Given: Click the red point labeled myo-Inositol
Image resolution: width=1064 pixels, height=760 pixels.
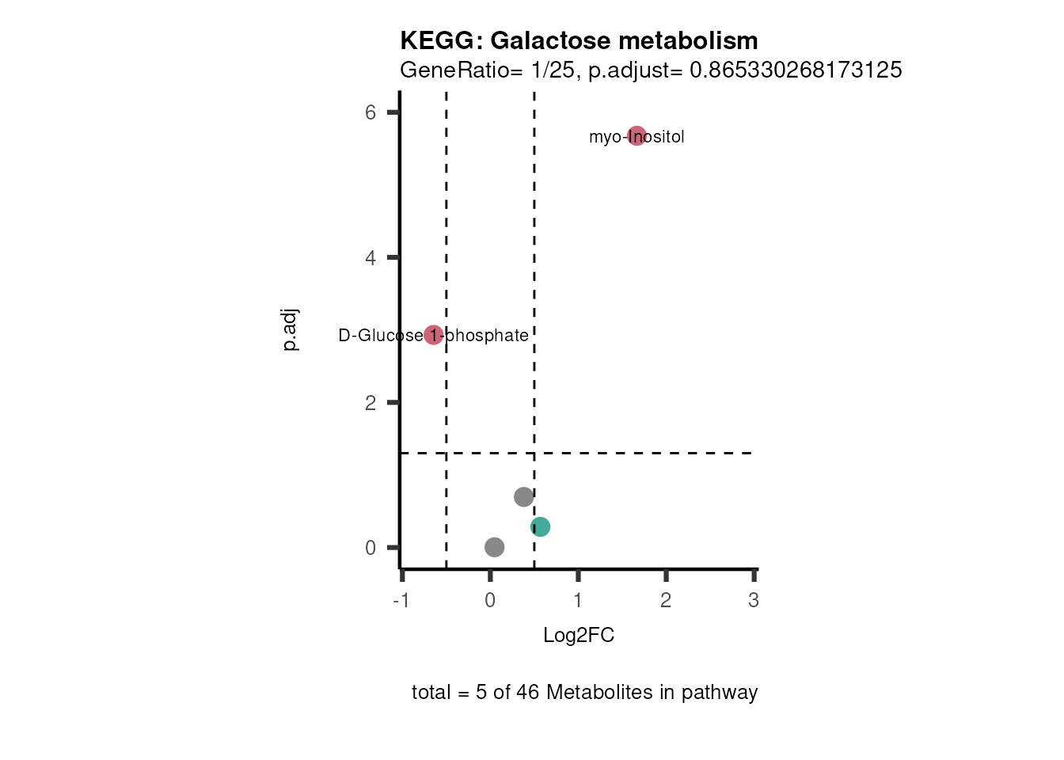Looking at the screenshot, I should click(x=637, y=136).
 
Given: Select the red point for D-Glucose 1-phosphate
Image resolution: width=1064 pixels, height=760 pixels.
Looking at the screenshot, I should click(x=433, y=335).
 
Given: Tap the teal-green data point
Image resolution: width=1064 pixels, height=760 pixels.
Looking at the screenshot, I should click(x=540, y=526).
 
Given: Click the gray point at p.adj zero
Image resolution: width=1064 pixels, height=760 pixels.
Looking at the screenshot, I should click(x=494, y=547).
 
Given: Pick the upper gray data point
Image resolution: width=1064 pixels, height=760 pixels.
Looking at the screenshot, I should click(x=523, y=497).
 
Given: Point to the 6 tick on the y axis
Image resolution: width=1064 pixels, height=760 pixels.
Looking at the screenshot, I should click(x=370, y=112).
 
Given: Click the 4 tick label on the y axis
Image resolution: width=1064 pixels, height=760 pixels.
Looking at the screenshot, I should click(x=370, y=258).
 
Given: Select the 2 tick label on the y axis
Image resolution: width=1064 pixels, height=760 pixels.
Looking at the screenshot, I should click(x=370, y=403).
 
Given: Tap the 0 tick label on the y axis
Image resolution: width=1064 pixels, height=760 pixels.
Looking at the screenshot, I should click(x=370, y=548).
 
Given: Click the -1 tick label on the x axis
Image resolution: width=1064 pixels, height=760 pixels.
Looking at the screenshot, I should click(x=401, y=601).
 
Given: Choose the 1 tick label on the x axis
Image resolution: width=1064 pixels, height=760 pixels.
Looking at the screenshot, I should click(x=578, y=601).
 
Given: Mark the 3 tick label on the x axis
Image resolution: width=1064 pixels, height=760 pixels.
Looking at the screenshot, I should click(x=754, y=601).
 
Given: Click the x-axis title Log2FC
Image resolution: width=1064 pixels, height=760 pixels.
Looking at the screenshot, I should click(x=579, y=636).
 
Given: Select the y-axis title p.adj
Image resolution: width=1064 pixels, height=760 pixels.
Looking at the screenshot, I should click(x=290, y=329).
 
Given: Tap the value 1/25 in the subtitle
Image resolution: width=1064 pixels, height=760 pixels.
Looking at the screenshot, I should click(x=553, y=70).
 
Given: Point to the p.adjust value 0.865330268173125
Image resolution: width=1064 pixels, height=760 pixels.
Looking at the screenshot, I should click(x=796, y=70).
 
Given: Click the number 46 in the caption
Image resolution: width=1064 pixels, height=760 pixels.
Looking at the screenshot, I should click(x=527, y=693).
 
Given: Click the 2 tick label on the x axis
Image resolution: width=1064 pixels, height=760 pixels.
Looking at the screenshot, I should click(x=666, y=601).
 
